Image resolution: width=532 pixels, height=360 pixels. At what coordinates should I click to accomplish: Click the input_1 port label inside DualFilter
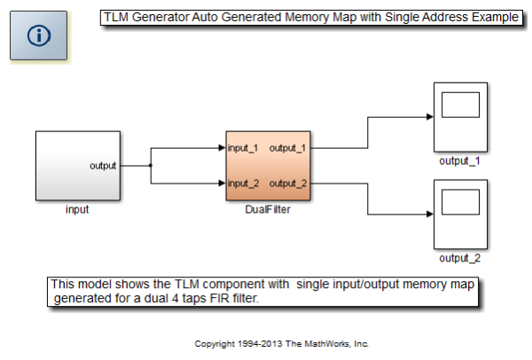(x=243, y=147)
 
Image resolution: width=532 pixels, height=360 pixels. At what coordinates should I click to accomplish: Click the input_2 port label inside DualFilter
(x=243, y=184)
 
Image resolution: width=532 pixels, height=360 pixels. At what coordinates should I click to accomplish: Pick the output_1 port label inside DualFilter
(x=288, y=147)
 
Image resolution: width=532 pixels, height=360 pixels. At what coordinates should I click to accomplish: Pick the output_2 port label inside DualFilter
(x=288, y=184)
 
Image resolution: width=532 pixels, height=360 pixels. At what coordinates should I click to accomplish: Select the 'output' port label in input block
(x=103, y=166)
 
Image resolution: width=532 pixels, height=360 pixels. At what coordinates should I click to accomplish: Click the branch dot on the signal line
(x=151, y=166)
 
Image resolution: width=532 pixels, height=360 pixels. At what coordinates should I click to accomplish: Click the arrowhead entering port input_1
(x=222, y=147)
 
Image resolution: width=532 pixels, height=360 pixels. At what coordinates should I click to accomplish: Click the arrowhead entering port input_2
(x=222, y=184)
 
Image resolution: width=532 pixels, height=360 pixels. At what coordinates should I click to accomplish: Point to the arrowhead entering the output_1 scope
(x=428, y=116)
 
